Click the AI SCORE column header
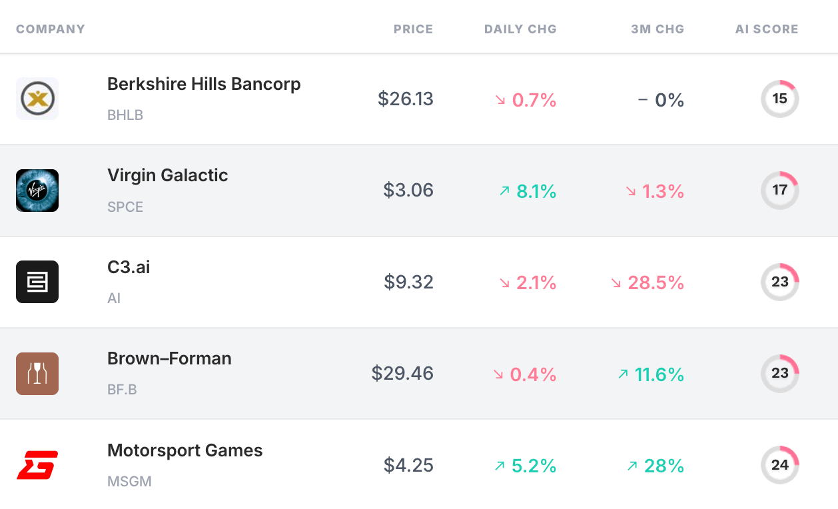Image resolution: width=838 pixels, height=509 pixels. (x=767, y=29)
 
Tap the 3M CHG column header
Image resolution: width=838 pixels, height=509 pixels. (x=657, y=29)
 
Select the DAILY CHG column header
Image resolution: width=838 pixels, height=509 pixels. (x=520, y=29)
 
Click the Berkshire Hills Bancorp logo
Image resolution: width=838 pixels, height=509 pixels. (x=37, y=99)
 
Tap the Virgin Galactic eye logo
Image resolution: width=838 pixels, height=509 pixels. (x=37, y=191)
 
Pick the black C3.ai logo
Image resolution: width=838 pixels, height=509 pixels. (x=37, y=282)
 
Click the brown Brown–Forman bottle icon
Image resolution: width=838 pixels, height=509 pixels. (x=37, y=374)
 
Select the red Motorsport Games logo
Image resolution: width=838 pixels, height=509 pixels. (x=37, y=465)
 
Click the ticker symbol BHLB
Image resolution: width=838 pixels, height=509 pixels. (x=125, y=115)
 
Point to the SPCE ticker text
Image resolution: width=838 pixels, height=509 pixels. (x=125, y=207)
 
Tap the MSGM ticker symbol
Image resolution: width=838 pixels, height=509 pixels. (x=129, y=481)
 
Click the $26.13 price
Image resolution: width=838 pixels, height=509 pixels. (x=405, y=99)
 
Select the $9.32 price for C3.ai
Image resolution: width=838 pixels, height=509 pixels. (x=408, y=282)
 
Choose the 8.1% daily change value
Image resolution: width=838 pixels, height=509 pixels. (x=536, y=191)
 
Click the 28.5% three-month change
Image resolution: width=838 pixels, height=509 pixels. (x=655, y=282)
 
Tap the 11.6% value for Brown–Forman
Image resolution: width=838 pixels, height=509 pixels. (x=659, y=374)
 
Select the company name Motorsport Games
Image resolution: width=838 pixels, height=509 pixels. (x=185, y=450)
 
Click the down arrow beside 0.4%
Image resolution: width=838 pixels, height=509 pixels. (x=498, y=374)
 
